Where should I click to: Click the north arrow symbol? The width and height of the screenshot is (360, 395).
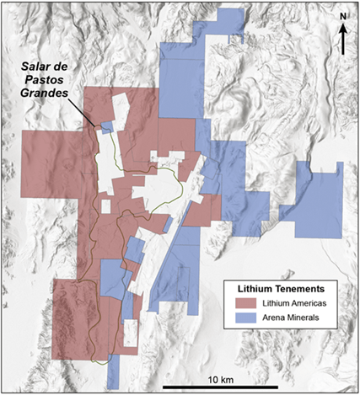(345, 42)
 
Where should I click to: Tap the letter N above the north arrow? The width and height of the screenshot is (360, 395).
(344, 16)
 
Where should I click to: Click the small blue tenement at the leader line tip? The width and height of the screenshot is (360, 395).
(105, 127)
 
